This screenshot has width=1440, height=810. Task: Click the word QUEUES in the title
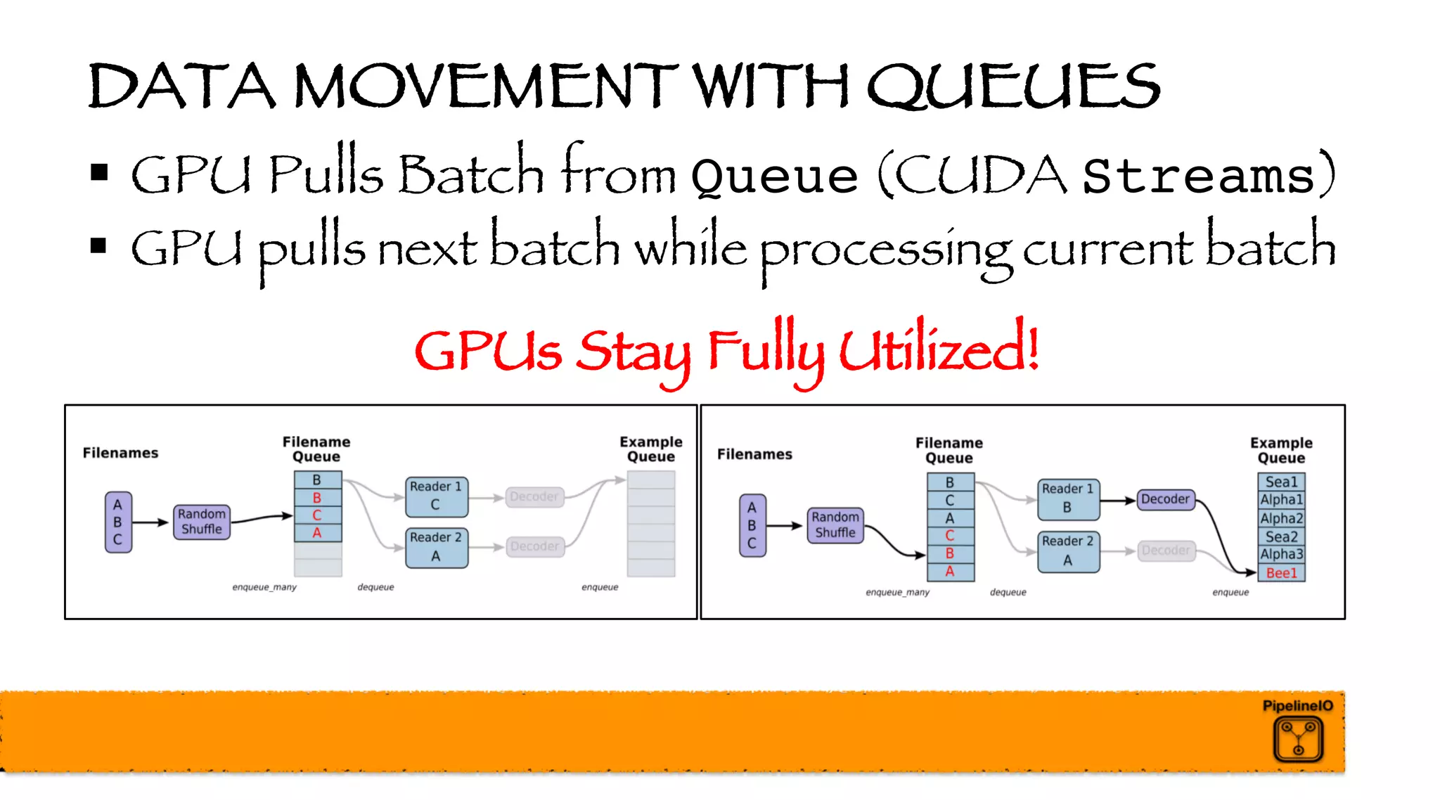tap(1012, 86)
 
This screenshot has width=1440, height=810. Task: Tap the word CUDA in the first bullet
tap(981, 174)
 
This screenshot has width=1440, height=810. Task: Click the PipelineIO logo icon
tap(1298, 739)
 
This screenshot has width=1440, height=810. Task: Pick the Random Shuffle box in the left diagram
tap(202, 522)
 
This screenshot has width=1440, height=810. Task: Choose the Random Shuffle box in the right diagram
tap(835, 525)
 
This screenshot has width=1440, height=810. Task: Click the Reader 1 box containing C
tap(436, 496)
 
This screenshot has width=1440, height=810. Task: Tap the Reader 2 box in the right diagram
tap(1067, 551)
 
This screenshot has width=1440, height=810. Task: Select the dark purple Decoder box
tap(1165, 499)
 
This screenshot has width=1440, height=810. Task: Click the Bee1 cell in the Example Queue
tap(1281, 573)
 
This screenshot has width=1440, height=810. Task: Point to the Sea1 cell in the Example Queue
tap(1281, 482)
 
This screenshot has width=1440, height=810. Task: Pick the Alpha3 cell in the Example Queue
tap(1281, 554)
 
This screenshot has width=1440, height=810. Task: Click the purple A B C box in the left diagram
tap(118, 522)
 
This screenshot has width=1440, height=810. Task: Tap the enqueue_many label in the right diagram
tap(897, 593)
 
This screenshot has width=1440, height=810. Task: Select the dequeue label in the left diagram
tap(375, 587)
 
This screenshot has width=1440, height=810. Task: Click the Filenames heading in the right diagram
tap(754, 454)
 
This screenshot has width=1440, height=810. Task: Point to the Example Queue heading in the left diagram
tap(650, 449)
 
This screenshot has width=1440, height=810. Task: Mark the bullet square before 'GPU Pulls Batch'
tap(99, 172)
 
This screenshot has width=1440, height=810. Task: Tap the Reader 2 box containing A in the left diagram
tap(436, 547)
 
